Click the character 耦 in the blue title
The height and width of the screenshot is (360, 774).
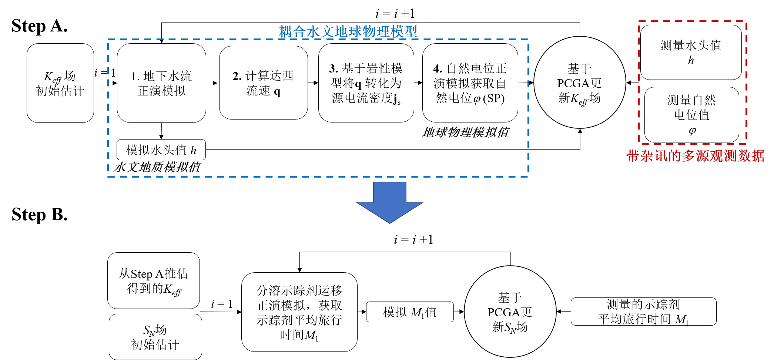coord(285,32)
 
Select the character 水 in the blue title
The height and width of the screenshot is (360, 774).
coord(313,32)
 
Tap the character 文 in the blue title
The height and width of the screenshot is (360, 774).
coord(327,32)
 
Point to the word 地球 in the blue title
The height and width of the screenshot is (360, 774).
coord(348,32)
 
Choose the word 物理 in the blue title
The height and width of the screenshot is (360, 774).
coord(376,32)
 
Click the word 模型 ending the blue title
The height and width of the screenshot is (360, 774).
coord(404,32)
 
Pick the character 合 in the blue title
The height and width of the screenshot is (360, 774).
coord(299,32)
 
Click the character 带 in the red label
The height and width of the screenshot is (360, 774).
coord(633,156)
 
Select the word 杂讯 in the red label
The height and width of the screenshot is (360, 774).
coord(654,156)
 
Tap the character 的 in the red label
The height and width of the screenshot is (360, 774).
coord(675,156)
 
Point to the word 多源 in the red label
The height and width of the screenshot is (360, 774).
coord(696,156)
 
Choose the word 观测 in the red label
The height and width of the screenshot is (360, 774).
coord(723,156)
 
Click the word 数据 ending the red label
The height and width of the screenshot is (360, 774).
coord(751,156)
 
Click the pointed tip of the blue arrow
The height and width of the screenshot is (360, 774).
coord(390,223)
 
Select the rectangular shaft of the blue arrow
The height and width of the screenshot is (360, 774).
coord(390,192)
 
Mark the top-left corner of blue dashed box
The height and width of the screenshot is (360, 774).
coord(108,40)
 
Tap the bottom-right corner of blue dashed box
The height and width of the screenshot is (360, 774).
coord(528,176)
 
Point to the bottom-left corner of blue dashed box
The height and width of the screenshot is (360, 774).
coord(108,176)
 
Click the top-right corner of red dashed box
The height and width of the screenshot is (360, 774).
coord(746,22)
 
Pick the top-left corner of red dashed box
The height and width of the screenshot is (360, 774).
coord(639,22)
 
